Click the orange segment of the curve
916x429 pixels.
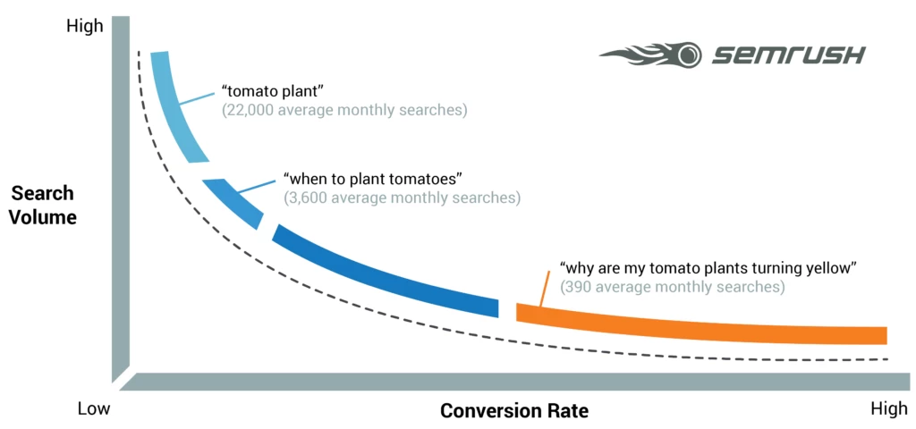(x=698, y=325)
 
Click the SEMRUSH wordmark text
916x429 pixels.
(x=787, y=55)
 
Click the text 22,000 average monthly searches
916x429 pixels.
(x=344, y=111)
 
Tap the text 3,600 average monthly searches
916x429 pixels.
(x=401, y=197)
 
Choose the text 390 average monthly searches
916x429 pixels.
(x=672, y=287)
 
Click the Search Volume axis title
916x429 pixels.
(x=43, y=206)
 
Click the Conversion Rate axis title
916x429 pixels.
(x=513, y=411)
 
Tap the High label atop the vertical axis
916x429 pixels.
(x=84, y=26)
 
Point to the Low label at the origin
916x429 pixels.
(x=93, y=409)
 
